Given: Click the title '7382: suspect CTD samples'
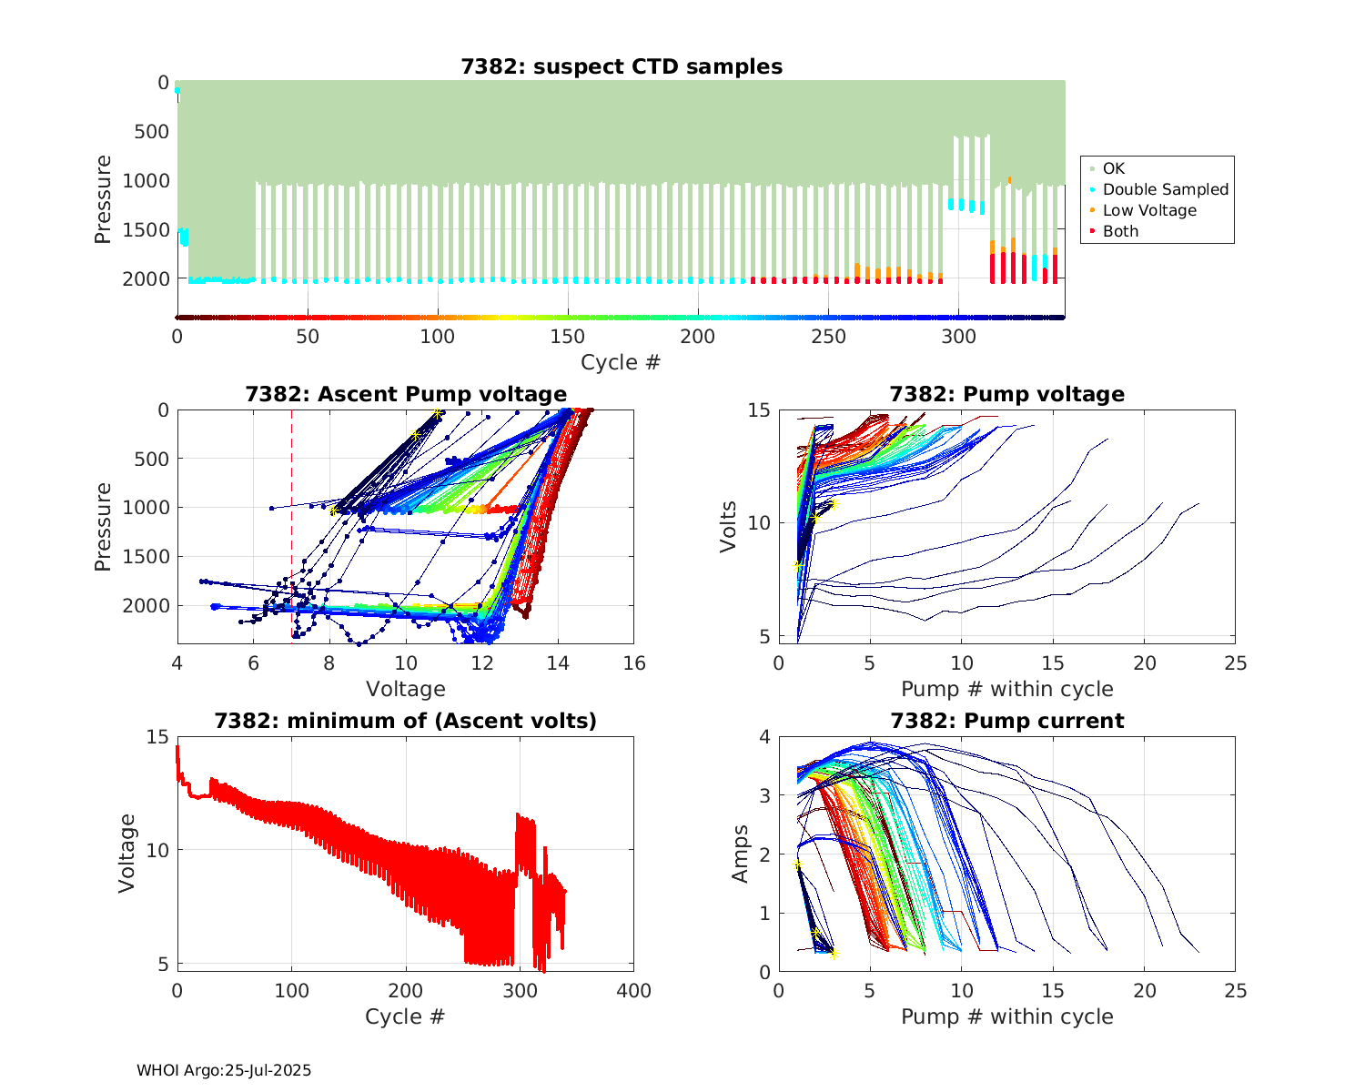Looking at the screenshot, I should [x=621, y=66].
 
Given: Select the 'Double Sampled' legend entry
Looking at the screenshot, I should [x=1165, y=189].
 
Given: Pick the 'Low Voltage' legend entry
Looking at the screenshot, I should [x=1149, y=210].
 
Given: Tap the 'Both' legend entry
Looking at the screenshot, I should [x=1120, y=231].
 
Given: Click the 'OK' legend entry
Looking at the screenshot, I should [x=1113, y=168].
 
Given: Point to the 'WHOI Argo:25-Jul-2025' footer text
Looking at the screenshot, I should [x=224, y=1070].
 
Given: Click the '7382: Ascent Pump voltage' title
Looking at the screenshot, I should [x=406, y=394].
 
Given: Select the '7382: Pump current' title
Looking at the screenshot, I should [x=1006, y=721].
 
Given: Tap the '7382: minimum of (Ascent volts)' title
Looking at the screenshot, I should [x=406, y=721].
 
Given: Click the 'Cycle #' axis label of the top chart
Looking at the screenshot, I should [x=621, y=362].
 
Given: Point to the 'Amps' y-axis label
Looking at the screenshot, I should [x=741, y=854].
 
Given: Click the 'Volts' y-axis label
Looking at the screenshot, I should [x=728, y=526].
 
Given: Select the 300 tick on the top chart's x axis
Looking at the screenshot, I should [x=958, y=337].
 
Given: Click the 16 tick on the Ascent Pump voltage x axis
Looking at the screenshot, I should [x=634, y=663].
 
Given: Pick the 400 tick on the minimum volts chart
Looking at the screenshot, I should [x=634, y=991].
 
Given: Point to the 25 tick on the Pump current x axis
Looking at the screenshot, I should [x=1235, y=991].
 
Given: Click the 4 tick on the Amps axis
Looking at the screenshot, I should [x=764, y=736].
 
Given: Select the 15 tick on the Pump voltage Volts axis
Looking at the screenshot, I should [x=759, y=410].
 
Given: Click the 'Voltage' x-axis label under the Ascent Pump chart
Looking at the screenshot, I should [x=406, y=689].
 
